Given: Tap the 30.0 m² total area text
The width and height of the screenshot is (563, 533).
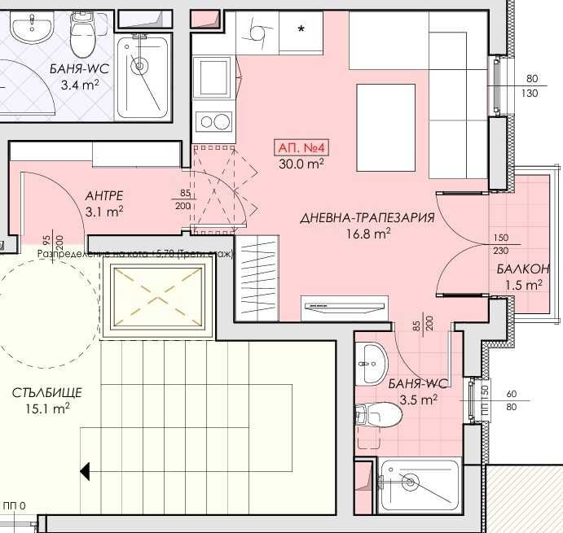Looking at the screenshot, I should tap(301, 163).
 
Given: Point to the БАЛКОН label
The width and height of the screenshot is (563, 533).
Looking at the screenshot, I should tap(522, 269).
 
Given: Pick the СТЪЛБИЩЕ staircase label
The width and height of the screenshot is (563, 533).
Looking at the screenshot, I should tap(47, 394).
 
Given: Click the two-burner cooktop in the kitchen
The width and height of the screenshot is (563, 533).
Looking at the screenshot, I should tap(213, 122).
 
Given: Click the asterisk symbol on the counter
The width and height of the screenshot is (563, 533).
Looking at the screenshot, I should tap(301, 30).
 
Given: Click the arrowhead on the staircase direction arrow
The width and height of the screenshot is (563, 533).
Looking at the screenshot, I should tap(85, 470).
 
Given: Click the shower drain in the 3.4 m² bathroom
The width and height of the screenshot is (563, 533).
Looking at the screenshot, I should tap(139, 65).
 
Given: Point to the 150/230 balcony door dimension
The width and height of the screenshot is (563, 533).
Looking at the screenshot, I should tap(501, 244).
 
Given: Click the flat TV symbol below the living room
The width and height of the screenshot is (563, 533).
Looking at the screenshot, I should tap(344, 307).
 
